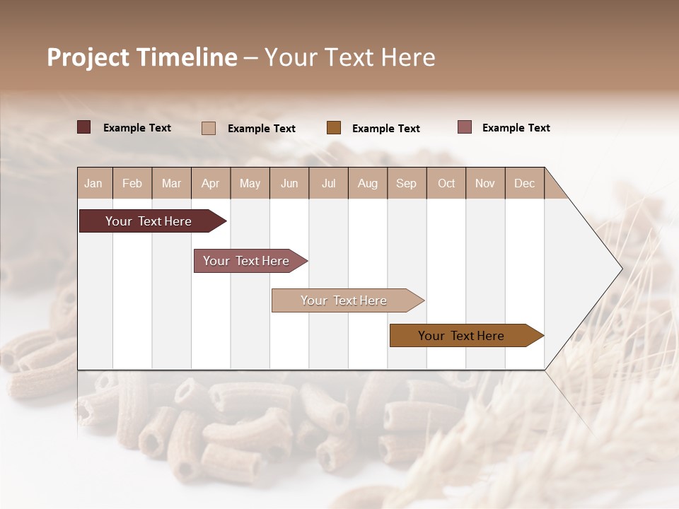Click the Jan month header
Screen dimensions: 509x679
pyautogui.click(x=93, y=183)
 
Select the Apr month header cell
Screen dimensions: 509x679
pyautogui.click(x=211, y=183)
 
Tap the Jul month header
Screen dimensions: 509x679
pyautogui.click(x=328, y=183)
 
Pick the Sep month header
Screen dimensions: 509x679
pyautogui.click(x=406, y=183)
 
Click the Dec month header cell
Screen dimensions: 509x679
pyautogui.click(x=524, y=183)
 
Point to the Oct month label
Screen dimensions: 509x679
pyautogui.click(x=446, y=183)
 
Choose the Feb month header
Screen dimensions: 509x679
pyautogui.click(x=132, y=183)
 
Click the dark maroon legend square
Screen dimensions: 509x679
pyautogui.click(x=84, y=127)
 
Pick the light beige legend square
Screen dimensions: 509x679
pyautogui.click(x=209, y=128)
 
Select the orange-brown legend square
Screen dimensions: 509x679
pyautogui.click(x=334, y=128)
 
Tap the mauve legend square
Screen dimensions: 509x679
pyautogui.click(x=465, y=127)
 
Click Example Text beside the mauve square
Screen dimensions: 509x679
pyautogui.click(x=516, y=128)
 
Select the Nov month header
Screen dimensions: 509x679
pyautogui.click(x=485, y=183)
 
